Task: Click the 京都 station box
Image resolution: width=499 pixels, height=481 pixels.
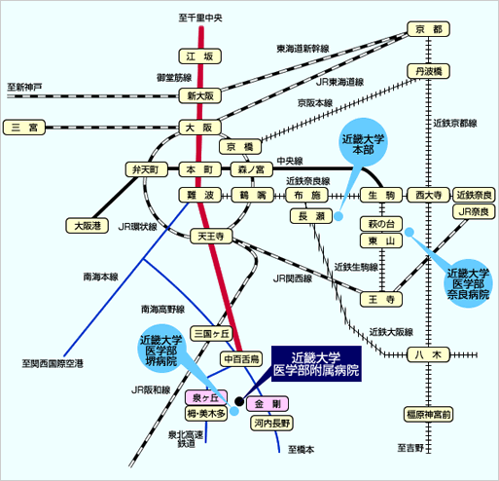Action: coord(428,29)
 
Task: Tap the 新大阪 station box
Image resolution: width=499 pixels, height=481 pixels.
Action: coord(200,95)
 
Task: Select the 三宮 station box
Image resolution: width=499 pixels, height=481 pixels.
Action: coord(24,128)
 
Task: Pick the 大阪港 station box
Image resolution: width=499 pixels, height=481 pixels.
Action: coord(87,226)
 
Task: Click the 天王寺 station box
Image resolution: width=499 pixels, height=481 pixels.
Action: coord(211,237)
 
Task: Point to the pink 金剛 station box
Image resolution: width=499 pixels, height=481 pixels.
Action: coord(267,404)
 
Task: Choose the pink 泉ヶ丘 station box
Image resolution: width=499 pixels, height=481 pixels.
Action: coord(206,397)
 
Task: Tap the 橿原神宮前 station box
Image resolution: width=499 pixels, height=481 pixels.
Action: coord(428,415)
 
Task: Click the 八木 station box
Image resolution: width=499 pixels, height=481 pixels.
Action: coord(428,354)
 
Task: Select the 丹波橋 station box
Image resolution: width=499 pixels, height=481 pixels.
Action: coord(428,71)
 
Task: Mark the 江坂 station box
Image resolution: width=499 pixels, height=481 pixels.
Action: coord(200,56)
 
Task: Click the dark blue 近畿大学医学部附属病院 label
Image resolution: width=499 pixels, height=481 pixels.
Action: coord(316,363)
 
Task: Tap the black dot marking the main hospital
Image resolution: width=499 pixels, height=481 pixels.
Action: coord(239,401)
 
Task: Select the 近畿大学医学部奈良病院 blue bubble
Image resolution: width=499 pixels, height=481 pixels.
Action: coord(468,283)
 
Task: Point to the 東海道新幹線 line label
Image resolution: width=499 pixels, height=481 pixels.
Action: coord(303,49)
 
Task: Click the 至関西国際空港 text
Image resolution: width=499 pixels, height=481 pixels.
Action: coord(53,363)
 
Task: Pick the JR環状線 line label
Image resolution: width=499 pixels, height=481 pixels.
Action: coord(137,227)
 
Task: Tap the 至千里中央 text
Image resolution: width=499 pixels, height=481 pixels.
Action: coord(200,18)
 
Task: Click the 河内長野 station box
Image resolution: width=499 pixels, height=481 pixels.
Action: coord(271,424)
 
